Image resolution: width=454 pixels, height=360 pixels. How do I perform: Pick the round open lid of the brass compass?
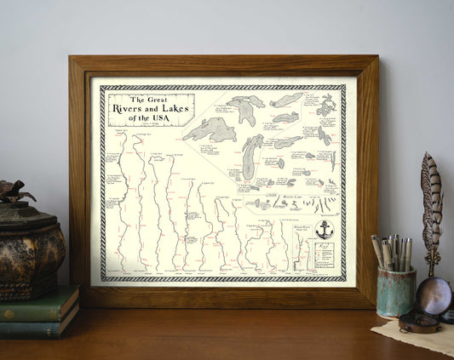435,294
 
